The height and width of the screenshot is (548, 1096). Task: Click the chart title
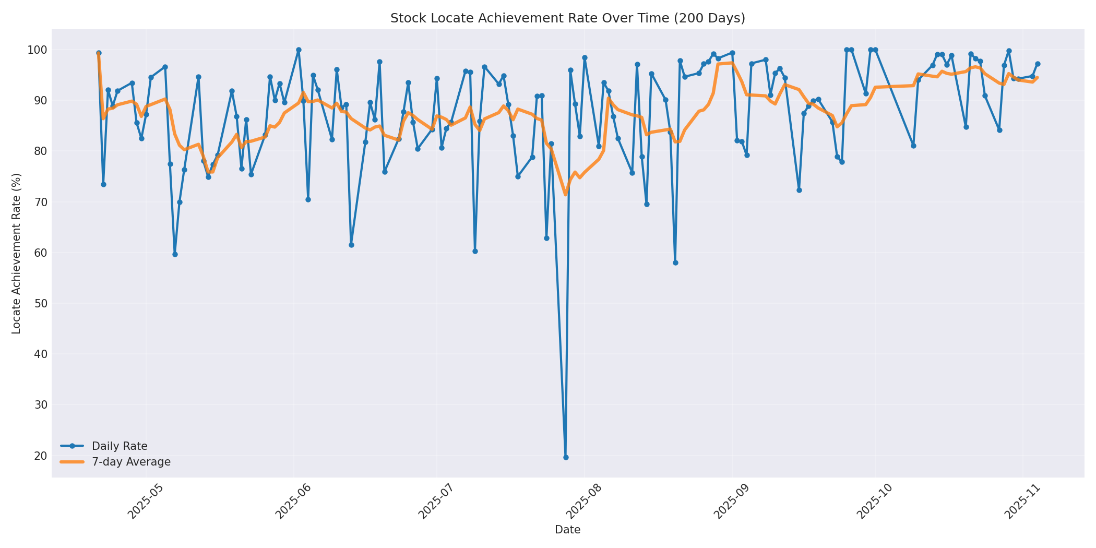tap(567, 18)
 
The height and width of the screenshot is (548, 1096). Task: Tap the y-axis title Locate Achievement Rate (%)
tap(16, 254)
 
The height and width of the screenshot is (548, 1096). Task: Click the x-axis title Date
tap(567, 530)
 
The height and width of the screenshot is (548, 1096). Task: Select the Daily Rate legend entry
tap(120, 446)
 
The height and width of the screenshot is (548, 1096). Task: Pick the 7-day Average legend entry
tap(131, 462)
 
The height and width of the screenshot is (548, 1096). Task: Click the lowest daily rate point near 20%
tap(566, 457)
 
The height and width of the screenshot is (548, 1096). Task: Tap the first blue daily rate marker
tap(99, 53)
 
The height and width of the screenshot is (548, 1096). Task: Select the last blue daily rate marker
tap(1038, 64)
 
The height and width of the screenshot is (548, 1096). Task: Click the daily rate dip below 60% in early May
tap(175, 254)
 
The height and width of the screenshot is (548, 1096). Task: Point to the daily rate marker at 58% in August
tap(675, 263)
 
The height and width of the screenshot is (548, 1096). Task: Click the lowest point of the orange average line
tap(565, 194)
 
